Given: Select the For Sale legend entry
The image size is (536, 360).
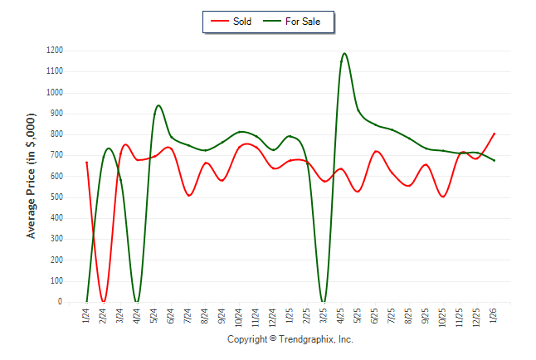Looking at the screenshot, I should click(296, 22).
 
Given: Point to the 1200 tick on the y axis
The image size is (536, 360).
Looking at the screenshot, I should click(55, 51).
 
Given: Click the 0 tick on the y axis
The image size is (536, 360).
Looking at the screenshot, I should click(61, 302).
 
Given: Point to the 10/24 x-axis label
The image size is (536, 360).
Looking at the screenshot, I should click(239, 317).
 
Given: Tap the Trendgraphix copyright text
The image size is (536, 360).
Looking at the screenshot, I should click(290, 339).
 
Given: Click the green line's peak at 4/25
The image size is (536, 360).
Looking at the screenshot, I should click(344, 54).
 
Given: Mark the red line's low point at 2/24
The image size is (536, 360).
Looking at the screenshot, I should click(103, 301).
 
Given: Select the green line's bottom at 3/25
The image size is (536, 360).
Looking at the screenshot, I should click(324, 302).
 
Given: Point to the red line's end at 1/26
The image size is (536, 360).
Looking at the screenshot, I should click(495, 134).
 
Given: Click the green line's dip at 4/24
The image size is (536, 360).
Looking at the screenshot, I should click(137, 302).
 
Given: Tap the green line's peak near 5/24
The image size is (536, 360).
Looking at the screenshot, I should click(158, 105).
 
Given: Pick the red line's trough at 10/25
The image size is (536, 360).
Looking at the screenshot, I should click(443, 197).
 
